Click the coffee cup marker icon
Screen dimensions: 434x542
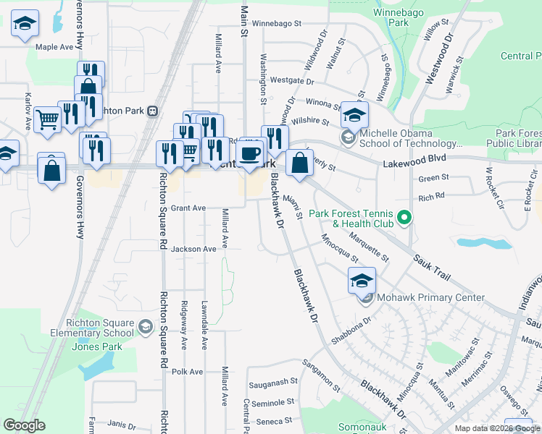pos(250,153)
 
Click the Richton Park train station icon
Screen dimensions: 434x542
pos(152,110)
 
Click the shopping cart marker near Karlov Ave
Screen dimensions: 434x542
pos(47,118)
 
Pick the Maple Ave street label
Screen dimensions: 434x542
pos(55,47)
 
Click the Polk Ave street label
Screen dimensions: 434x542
pos(187,372)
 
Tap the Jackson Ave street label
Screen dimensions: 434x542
pos(193,249)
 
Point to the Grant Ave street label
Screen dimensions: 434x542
pos(188,208)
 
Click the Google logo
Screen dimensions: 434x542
pos(24,425)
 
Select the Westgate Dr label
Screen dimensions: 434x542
pos(287,80)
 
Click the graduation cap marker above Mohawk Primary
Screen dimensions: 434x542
pos(362,280)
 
